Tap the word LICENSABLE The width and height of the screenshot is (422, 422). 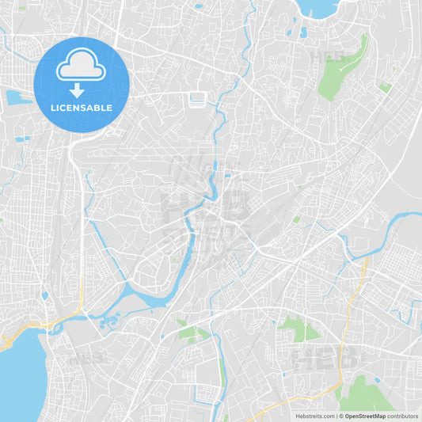82,108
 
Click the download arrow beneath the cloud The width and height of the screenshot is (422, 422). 77,90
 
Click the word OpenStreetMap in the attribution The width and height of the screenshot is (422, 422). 364,415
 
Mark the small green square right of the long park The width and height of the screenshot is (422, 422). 385,87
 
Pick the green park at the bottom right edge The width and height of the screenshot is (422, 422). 366,396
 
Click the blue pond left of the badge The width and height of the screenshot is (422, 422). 17,98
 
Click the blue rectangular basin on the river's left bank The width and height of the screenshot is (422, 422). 197,100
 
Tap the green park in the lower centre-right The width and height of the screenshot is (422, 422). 298,328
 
